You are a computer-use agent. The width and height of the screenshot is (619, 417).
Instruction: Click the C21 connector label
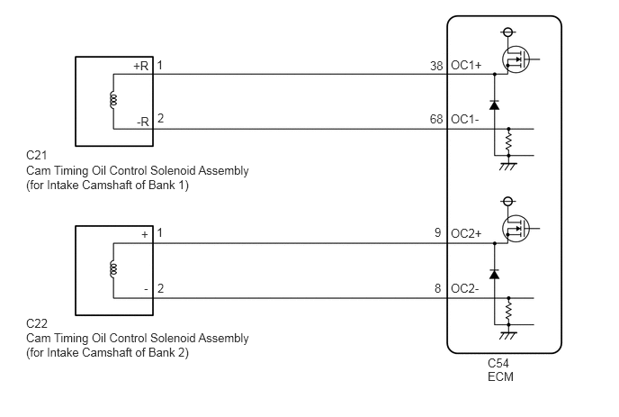[x=36, y=155]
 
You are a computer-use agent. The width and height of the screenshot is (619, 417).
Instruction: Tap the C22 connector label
[x=37, y=323]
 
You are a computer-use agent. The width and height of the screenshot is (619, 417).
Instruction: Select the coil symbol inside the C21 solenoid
[x=113, y=100]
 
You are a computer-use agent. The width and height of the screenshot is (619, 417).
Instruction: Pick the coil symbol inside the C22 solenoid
[x=113, y=268]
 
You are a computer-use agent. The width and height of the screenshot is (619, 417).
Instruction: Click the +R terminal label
[x=141, y=66]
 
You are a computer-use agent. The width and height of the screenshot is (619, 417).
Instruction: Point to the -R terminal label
[x=143, y=122]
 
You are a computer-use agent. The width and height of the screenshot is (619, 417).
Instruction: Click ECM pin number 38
[x=436, y=66]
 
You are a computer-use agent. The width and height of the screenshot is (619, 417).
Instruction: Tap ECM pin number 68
[x=436, y=119]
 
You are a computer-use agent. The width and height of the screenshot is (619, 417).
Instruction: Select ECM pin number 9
[x=438, y=232]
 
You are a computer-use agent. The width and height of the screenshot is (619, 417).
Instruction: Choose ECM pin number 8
[x=438, y=288]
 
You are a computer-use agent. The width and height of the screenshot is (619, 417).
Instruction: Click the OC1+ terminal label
[x=466, y=65]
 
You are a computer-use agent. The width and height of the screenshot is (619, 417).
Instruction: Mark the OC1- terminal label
[x=464, y=119]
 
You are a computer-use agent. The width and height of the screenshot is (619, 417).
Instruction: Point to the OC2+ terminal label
[x=466, y=233]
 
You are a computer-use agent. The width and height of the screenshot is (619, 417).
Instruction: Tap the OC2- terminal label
[x=464, y=288]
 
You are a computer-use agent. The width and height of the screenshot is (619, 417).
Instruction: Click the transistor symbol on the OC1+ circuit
[x=516, y=59]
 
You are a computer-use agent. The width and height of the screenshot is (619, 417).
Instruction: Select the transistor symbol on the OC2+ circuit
[x=516, y=229]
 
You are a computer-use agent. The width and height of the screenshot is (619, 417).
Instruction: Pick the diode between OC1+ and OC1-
[x=494, y=104]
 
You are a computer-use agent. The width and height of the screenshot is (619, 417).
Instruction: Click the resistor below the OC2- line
[x=509, y=311]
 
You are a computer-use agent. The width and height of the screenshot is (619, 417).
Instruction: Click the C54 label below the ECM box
[x=498, y=363]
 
